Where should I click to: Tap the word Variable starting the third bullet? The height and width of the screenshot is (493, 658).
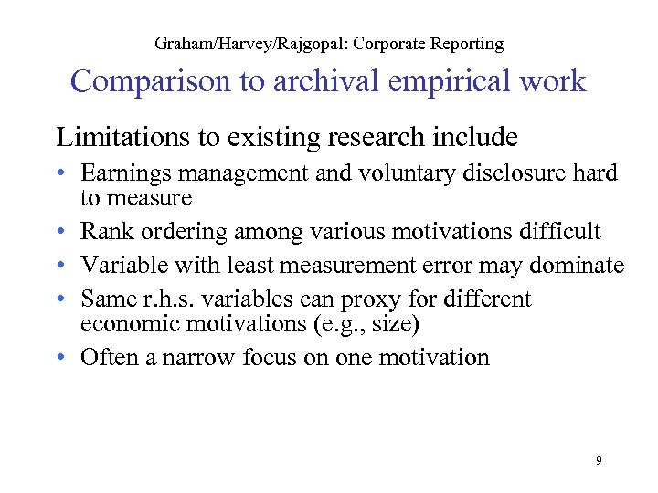(x=118, y=265)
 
